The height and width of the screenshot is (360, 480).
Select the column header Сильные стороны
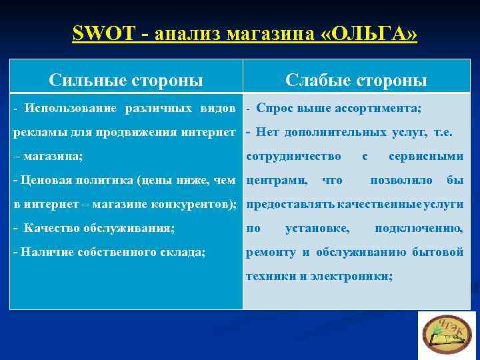click(126, 81)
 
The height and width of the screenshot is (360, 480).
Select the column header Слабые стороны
click(356, 81)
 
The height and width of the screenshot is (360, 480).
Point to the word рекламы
click(38, 132)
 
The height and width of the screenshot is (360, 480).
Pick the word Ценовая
click(44, 180)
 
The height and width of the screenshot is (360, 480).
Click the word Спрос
click(271, 108)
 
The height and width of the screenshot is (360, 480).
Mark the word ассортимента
click(383, 108)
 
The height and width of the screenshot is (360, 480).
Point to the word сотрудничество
click(293, 156)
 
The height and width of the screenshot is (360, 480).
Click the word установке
click(317, 228)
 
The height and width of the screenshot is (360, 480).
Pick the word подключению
click(419, 228)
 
